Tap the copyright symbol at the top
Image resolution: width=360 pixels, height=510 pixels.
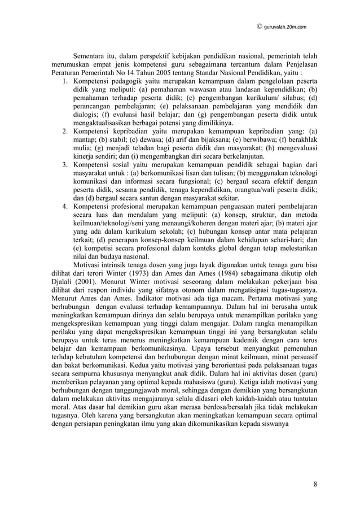[x=259, y=26]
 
